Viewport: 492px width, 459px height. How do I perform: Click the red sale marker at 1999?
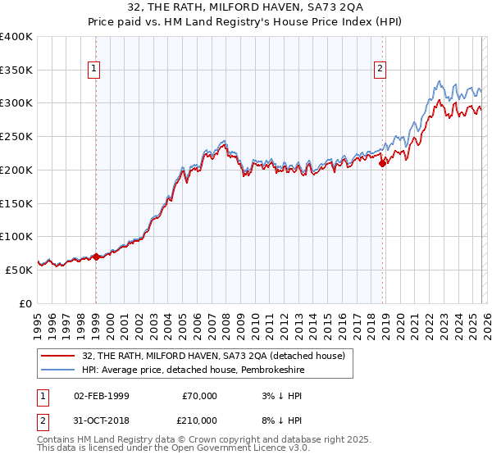click(x=96, y=257)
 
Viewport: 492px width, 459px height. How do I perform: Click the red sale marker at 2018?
click(x=382, y=163)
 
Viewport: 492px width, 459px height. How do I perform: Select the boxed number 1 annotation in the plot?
click(x=96, y=70)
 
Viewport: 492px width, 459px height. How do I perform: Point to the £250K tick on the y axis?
click(x=16, y=137)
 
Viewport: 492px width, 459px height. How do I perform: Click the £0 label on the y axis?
click(x=25, y=303)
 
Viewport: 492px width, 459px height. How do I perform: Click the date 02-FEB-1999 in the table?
click(x=101, y=396)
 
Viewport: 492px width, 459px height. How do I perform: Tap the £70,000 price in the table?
click(x=198, y=396)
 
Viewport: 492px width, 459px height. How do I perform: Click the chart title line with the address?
click(x=245, y=7)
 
